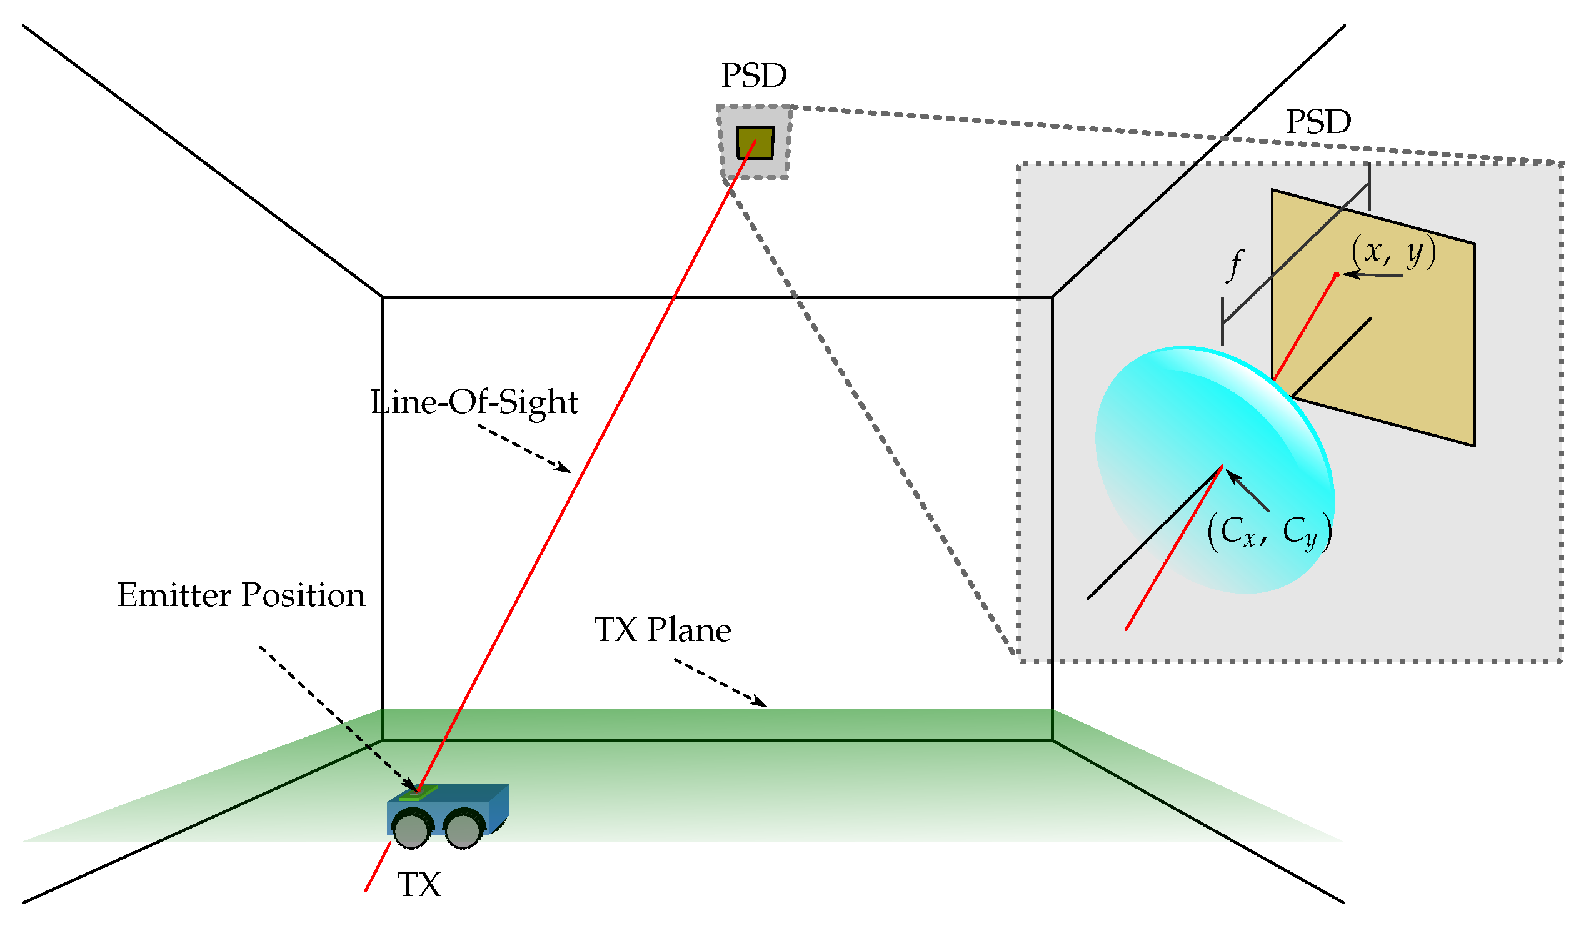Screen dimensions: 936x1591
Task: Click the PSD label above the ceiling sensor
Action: point(754,76)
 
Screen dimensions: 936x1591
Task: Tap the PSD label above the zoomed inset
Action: point(1318,122)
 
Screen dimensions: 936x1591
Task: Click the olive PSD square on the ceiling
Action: point(755,142)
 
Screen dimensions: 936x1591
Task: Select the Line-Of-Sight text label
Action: point(474,402)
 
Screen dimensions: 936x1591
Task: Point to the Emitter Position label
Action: point(241,595)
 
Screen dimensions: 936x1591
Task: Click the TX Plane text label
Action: point(662,630)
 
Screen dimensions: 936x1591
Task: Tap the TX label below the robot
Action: point(419,885)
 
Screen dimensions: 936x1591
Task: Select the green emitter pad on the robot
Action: point(418,793)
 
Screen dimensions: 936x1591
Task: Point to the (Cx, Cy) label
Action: point(1269,532)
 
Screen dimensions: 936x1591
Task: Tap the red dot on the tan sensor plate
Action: point(1337,274)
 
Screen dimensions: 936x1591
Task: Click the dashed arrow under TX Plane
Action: point(720,682)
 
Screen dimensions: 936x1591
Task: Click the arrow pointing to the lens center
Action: point(1247,490)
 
